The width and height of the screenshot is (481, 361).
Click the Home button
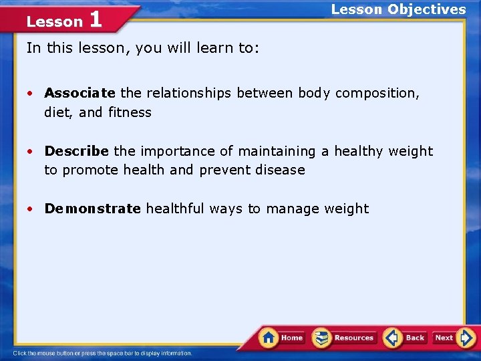(x=283, y=338)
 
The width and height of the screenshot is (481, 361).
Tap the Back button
(x=406, y=338)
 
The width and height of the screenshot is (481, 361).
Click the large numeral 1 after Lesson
(x=95, y=19)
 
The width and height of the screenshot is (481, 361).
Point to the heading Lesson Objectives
(x=398, y=9)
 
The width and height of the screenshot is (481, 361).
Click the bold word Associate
(x=79, y=93)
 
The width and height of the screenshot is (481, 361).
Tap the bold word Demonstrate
(x=92, y=209)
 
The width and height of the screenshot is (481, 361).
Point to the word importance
(x=176, y=151)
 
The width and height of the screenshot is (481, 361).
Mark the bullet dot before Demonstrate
(x=31, y=209)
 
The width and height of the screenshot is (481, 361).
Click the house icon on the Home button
(x=269, y=337)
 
